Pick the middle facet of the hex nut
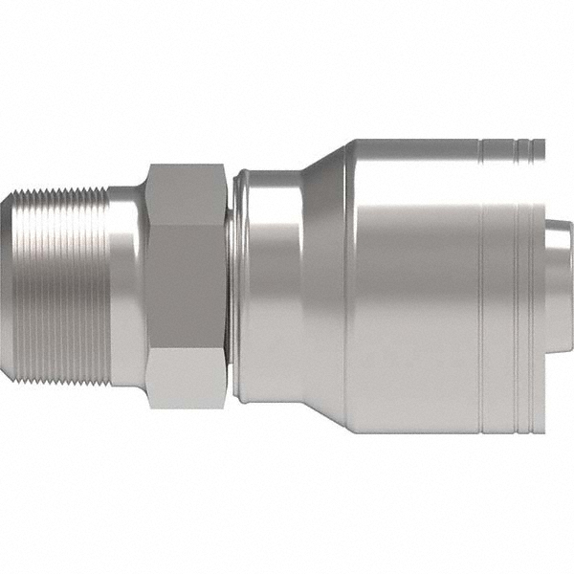[x=186, y=287]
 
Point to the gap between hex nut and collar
[x=232, y=287]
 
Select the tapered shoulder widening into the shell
[x=325, y=287]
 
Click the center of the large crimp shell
[x=421, y=287]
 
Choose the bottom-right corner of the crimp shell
[x=542, y=431]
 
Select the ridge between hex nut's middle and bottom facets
[x=186, y=350]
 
